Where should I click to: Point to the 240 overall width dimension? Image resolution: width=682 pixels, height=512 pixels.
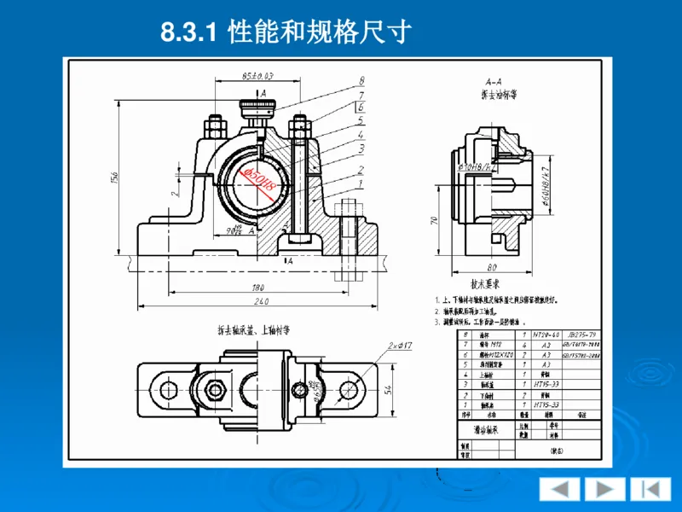[260, 302]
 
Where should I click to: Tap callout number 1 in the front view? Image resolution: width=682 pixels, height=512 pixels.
[361, 183]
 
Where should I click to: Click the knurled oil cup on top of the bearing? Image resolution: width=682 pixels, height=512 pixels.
[257, 108]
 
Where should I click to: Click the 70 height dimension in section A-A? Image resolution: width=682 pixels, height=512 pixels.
[435, 220]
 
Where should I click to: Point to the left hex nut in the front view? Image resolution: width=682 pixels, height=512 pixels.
[213, 127]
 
